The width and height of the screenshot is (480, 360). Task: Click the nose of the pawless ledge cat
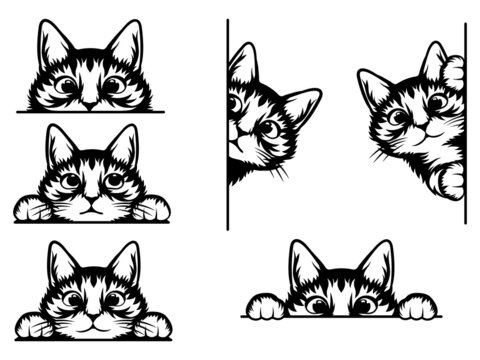pos(90,102)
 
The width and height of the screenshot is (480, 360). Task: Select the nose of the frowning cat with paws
pos(90,198)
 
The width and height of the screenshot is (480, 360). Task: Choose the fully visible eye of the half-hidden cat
pos(269,127)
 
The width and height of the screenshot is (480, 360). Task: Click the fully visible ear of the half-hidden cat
pos(300,104)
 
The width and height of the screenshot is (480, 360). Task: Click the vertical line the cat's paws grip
pos(465,120)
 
